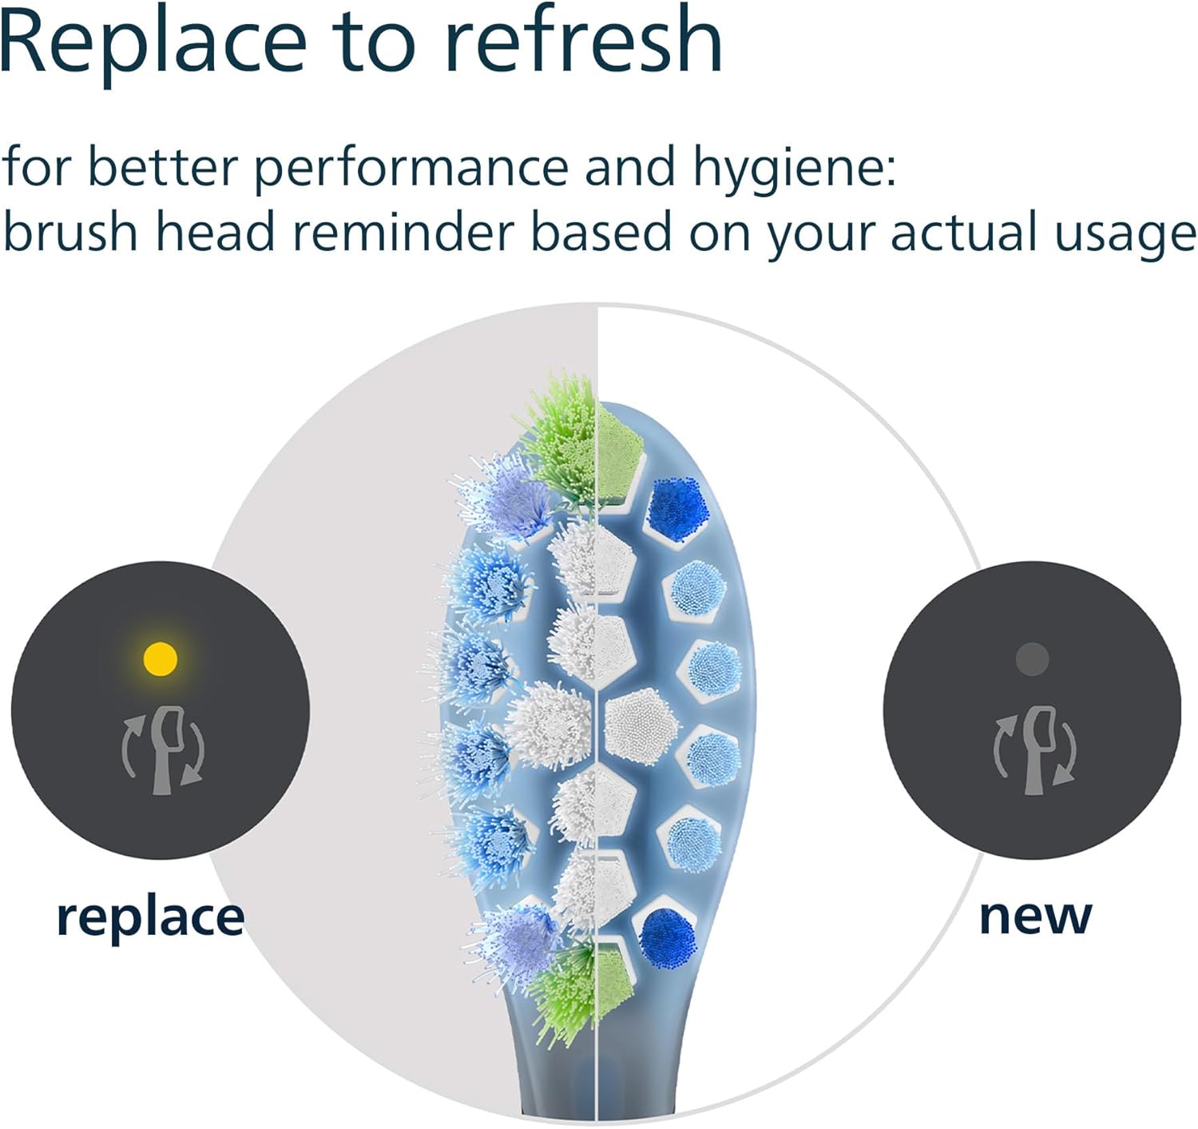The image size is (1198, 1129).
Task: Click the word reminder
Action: (x=403, y=232)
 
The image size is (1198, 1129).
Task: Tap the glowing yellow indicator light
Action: (x=161, y=658)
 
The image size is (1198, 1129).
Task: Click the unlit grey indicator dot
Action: (x=1032, y=659)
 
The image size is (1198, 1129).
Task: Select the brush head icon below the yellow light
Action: (x=164, y=750)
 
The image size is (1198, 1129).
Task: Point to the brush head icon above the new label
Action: (x=1034, y=751)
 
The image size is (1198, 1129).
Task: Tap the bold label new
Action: (x=1035, y=917)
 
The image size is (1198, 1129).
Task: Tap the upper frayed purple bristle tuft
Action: (x=506, y=498)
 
